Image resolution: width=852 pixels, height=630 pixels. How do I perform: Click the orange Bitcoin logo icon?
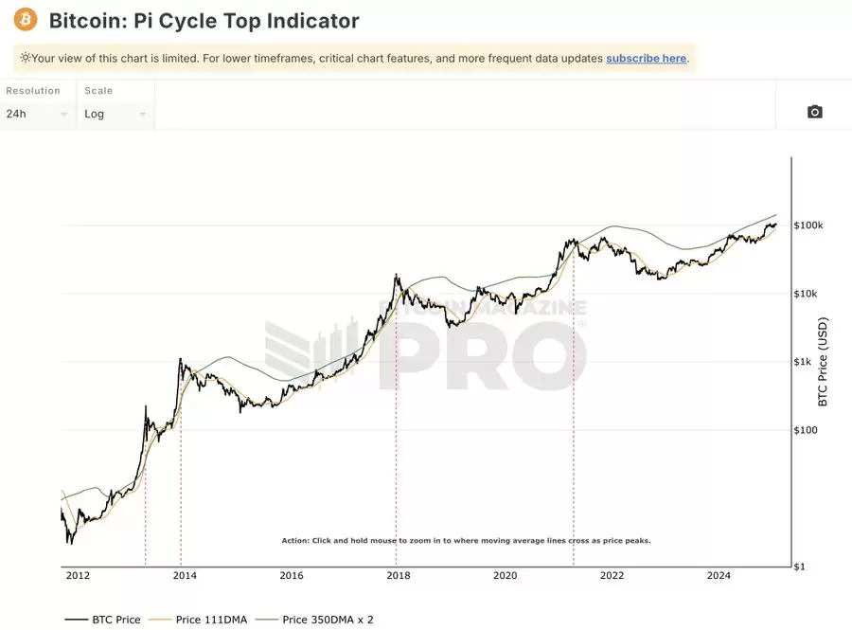point(26,20)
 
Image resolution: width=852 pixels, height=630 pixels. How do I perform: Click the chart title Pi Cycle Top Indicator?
point(204,20)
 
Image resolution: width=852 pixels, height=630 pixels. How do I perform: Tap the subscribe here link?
point(646,58)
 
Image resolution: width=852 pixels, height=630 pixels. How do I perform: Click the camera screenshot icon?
point(814,112)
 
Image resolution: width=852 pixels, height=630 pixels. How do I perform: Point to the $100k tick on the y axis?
point(809,225)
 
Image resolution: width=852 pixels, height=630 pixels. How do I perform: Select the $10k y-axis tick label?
point(807,294)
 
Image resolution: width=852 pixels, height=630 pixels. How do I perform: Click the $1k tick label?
point(803,362)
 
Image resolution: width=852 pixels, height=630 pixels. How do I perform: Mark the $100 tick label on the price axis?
point(806,430)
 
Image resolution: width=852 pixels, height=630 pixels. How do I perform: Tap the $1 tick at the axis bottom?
point(800,567)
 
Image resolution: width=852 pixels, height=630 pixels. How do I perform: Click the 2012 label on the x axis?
point(78,575)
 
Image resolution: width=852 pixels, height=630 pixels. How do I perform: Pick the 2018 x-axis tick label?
point(398,575)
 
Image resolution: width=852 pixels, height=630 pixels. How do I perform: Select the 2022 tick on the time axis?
point(612,575)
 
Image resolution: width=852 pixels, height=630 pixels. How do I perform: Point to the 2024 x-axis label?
point(719,575)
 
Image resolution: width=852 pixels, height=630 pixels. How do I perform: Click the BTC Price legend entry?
point(103,620)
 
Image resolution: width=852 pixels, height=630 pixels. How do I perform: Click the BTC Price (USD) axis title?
point(823,361)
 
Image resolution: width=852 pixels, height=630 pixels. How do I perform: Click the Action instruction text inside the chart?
point(466,541)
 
